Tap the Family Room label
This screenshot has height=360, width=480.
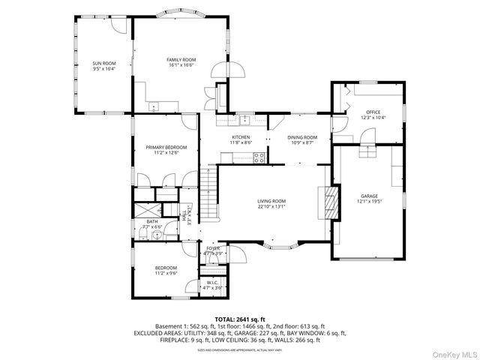click(x=181, y=59)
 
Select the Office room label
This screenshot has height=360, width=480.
click(x=373, y=112)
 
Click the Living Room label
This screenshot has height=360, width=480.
click(x=272, y=201)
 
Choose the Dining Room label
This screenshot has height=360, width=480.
click(x=302, y=137)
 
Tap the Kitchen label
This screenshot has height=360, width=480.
click(x=241, y=137)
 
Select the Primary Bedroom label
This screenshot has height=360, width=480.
click(x=166, y=147)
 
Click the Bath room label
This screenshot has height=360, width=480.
click(x=152, y=221)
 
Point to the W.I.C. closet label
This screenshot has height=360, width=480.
click(x=212, y=283)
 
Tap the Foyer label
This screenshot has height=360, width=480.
click(x=213, y=248)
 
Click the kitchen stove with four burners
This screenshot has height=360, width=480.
click(x=259, y=157)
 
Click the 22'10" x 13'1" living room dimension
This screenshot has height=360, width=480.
click(x=272, y=208)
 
